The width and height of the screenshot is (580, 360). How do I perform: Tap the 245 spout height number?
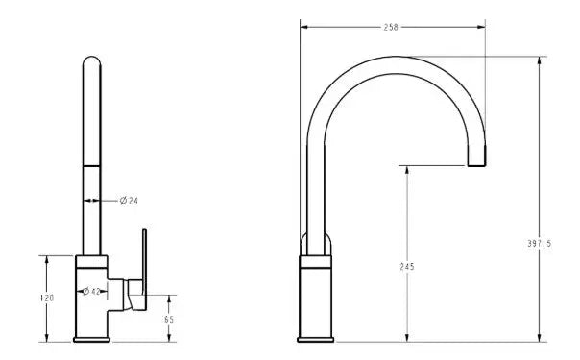click(407, 266)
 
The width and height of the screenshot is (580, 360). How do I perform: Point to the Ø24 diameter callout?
click(129, 201)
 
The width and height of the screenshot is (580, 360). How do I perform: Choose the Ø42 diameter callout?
click(92, 290)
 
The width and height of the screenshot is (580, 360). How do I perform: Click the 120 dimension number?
click(47, 299)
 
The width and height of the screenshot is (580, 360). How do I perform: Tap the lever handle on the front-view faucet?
click(142, 269)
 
